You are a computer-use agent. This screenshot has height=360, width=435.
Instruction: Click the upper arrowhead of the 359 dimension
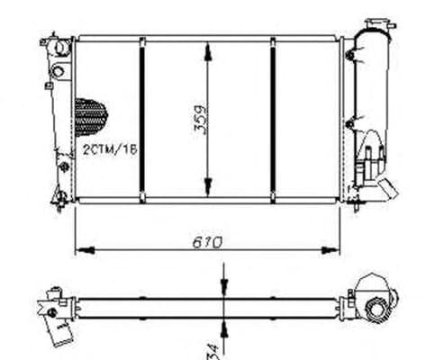(x=210, y=45)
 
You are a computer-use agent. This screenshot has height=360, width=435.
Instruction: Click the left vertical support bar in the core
(x=142, y=118)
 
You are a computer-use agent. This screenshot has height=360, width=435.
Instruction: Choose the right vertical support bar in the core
(x=273, y=118)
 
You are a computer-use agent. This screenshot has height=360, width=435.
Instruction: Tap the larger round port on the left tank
(x=59, y=70)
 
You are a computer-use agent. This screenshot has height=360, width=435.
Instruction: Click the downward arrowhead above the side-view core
(x=222, y=287)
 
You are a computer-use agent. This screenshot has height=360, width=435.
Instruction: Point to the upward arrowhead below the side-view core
(x=222, y=314)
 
